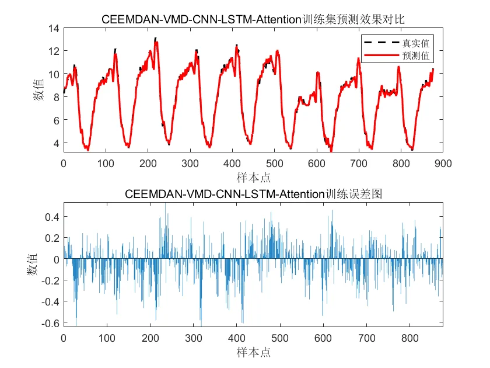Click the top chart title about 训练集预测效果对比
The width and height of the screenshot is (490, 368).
pos(253,19)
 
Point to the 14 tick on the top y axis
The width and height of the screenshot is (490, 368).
pos(54,28)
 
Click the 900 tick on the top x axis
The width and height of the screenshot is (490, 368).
pos(442,164)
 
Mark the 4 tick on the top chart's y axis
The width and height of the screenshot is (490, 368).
pos(57,143)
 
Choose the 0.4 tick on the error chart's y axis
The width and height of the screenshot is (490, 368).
pos(52,217)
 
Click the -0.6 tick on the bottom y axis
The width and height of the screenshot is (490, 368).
pos(51,323)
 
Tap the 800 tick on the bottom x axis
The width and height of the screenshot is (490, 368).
pos(410,338)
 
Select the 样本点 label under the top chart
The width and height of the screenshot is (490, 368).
pos(253,177)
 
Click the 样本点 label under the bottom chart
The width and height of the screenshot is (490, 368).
pos(253,352)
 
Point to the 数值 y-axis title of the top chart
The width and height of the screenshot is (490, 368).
pos(38,91)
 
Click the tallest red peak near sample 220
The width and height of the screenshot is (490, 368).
pos(155,39)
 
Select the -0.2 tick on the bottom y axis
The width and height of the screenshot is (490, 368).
pos(51,280)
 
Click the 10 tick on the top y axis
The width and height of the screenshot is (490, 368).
pos(54,74)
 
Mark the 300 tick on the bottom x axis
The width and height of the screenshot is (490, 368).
pos(194,338)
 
